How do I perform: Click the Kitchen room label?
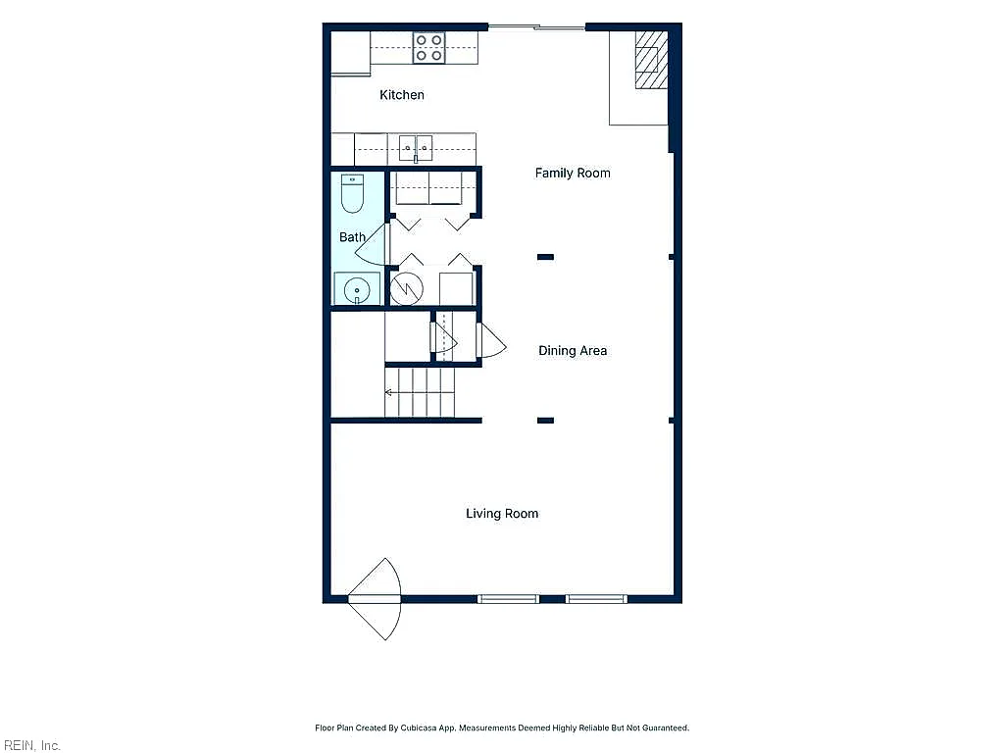[x=401, y=95]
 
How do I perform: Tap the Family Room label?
[x=573, y=173]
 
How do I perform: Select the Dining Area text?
[x=573, y=350]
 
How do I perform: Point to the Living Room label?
[x=502, y=514]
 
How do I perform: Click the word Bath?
[x=352, y=237]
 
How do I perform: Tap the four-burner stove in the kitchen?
[x=429, y=48]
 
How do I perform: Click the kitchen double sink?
[x=416, y=148]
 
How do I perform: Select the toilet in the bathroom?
[x=352, y=193]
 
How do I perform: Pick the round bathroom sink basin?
[x=357, y=291]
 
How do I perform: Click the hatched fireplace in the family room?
[x=651, y=60]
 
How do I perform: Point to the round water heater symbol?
[x=407, y=289]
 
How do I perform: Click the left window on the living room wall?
[x=509, y=599]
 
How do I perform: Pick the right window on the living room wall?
[x=596, y=599]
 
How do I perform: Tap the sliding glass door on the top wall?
[x=536, y=26]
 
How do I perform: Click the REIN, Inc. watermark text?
[x=31, y=745]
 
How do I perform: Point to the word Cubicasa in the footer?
[x=419, y=728]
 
